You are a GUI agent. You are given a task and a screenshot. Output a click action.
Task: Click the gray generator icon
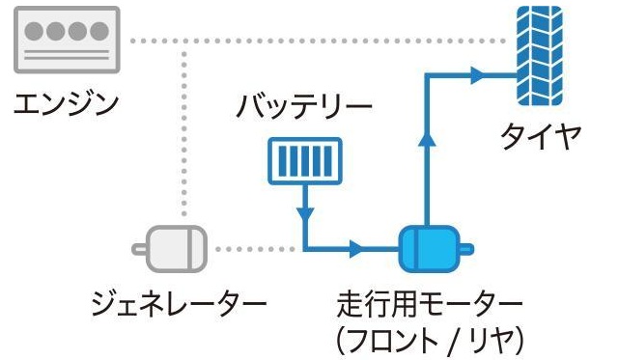(172, 249)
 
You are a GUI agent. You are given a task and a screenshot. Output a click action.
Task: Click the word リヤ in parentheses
(493, 340)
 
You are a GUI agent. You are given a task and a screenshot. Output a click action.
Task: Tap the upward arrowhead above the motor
(425, 137)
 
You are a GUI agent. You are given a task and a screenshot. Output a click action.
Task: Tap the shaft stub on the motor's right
(465, 251)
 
